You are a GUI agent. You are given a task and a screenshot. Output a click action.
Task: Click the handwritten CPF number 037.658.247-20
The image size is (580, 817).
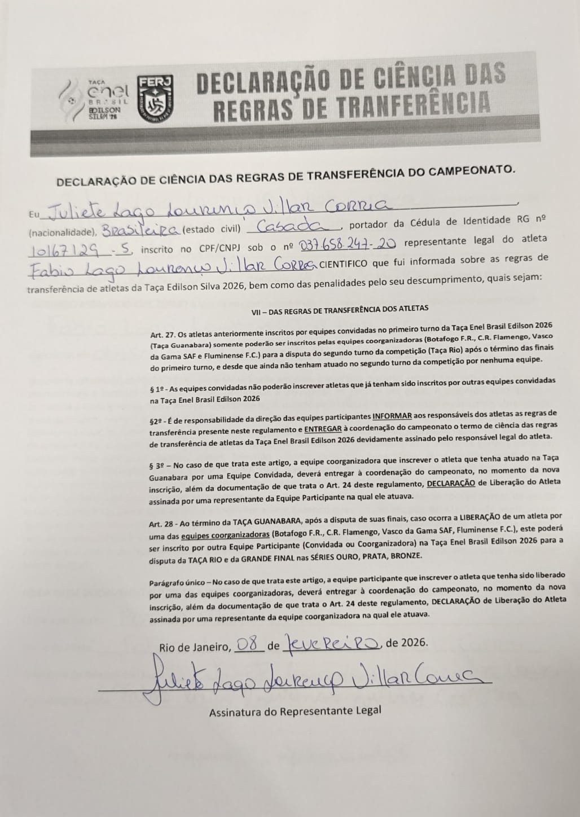point(348,243)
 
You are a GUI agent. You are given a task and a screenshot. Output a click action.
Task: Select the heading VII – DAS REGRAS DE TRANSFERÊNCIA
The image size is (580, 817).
point(340,308)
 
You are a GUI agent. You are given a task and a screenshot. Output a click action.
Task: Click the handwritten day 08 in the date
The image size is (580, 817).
point(248,644)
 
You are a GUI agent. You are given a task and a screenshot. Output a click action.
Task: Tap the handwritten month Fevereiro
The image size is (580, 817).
point(334,643)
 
